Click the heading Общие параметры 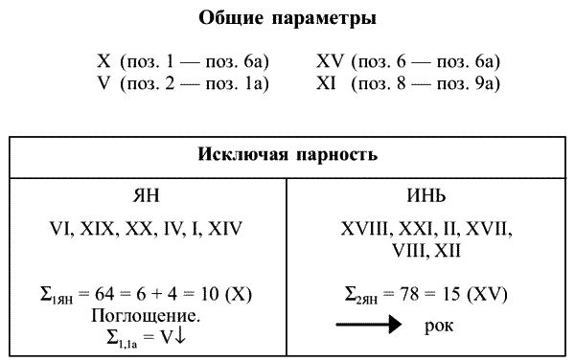[287, 18]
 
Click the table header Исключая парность [287, 154]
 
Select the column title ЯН [145, 196]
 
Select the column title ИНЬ [425, 196]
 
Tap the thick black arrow [369, 327]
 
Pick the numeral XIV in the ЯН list [223, 229]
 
